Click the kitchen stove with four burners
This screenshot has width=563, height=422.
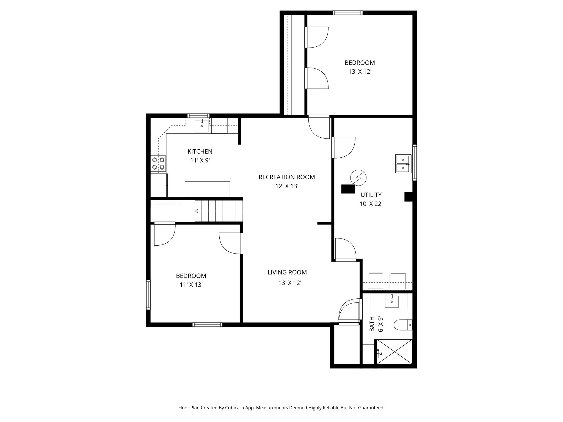[x=159, y=163]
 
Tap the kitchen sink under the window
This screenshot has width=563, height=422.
[x=202, y=126]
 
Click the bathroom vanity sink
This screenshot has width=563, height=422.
[x=391, y=301]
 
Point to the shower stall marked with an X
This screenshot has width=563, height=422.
[x=394, y=352]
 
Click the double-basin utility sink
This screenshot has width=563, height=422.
[x=403, y=164]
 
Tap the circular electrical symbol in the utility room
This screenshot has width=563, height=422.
[x=358, y=178]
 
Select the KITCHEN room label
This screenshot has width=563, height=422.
[x=200, y=151]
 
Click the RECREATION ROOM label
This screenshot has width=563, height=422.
[x=287, y=177]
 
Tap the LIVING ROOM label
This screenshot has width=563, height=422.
[x=287, y=272]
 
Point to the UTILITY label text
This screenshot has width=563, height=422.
[x=371, y=195]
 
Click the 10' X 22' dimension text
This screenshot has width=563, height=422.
[x=371, y=204]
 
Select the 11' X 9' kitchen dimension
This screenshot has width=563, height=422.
[x=200, y=160]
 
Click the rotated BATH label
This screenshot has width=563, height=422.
[x=372, y=324]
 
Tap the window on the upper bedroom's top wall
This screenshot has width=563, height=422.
[x=347, y=13]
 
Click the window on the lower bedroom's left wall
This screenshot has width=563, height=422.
[x=148, y=295]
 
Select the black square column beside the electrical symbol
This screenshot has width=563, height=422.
[x=348, y=189]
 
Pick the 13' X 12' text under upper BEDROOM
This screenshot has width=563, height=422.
[x=360, y=72]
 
